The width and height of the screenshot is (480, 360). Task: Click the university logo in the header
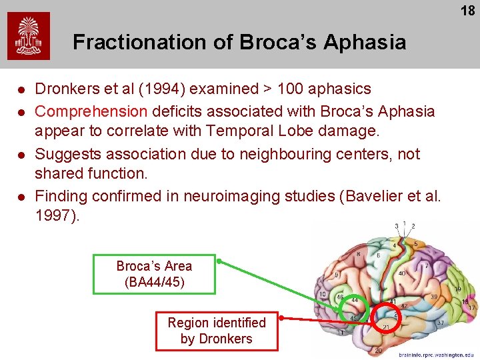29,37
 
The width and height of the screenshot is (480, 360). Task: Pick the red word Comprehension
91,111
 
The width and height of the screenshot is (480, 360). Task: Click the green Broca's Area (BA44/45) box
155,274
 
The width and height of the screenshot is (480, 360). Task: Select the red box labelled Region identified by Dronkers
217,331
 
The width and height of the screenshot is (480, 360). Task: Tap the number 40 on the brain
403,274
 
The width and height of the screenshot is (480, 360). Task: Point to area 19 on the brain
458,289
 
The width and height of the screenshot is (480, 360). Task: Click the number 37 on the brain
441,323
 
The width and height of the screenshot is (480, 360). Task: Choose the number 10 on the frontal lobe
323,295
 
